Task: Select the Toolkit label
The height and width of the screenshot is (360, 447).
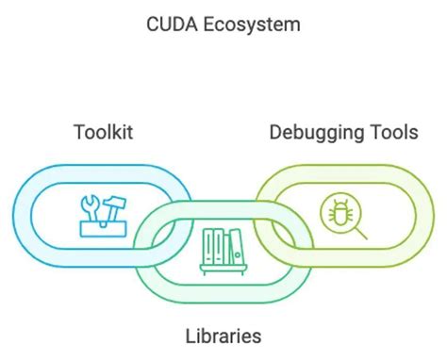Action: [103, 131]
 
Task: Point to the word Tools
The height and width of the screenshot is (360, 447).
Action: [394, 131]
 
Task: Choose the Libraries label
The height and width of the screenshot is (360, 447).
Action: [223, 335]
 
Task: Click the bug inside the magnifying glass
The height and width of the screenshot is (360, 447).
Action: [334, 210]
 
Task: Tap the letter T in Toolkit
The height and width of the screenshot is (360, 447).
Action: [79, 131]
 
